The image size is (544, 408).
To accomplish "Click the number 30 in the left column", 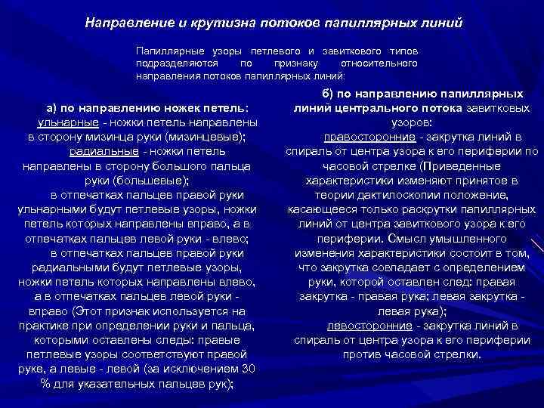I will (x=246, y=368).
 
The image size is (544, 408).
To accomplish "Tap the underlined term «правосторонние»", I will (x=371, y=137).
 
